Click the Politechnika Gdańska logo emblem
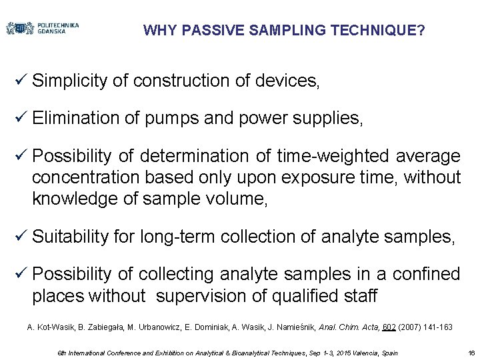[20, 29]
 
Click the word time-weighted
[339, 156]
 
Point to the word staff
[360, 295]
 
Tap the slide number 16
[471, 353]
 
